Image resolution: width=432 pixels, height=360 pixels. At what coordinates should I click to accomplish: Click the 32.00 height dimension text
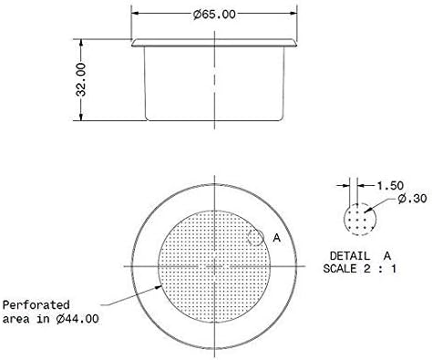click(82, 80)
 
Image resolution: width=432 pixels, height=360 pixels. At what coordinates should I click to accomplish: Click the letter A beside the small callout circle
click(277, 237)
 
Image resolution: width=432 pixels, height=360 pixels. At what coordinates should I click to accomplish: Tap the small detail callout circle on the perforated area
click(257, 236)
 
